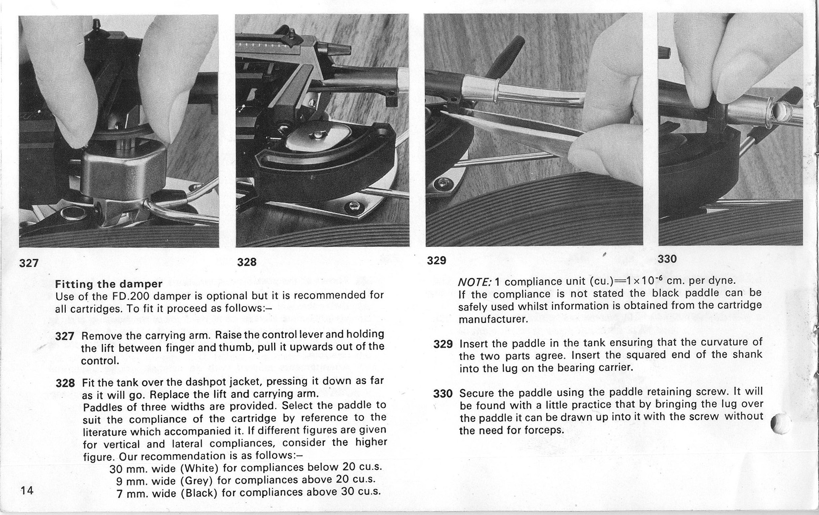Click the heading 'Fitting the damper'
tap(109, 284)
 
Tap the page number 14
tap(27, 490)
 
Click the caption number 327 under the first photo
tap(29, 263)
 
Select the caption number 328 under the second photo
tap(246, 262)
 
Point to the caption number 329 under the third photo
tap(436, 260)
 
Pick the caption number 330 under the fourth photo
tap(667, 259)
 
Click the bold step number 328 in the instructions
tap(65, 383)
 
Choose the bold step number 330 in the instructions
tap(442, 394)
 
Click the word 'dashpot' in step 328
tap(205, 382)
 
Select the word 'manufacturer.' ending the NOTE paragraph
tap(493, 319)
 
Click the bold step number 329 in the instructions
tap(442, 343)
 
